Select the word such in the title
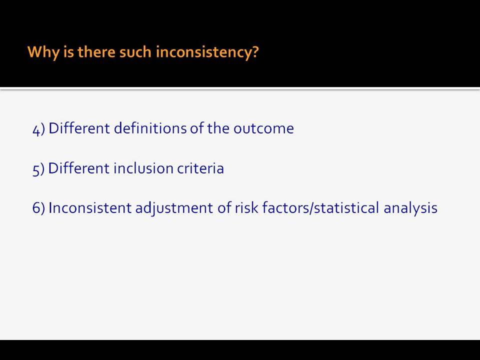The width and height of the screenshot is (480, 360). pos(135,51)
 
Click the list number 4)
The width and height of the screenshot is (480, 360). pos(38,129)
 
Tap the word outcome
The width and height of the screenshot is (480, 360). pos(263,128)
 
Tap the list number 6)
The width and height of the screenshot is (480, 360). pos(38,208)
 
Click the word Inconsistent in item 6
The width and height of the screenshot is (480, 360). pos(90,207)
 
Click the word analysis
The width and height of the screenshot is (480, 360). pos(410,208)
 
